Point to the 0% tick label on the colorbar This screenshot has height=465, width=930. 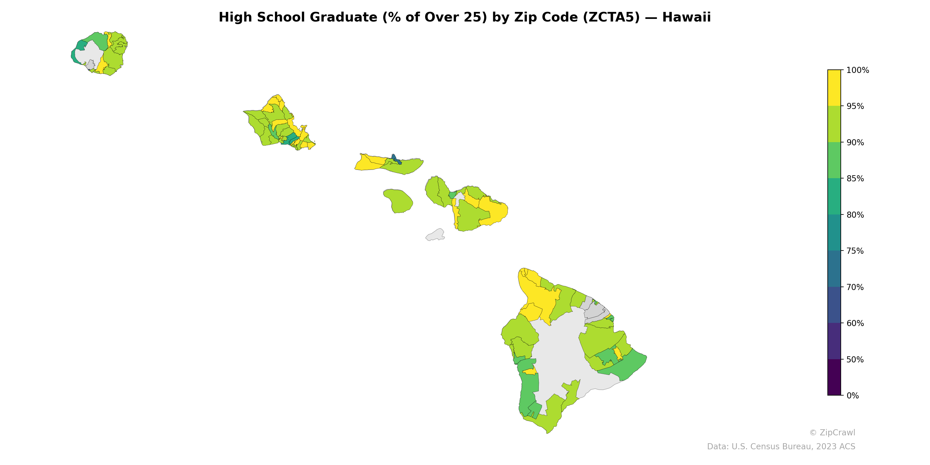coord(852,396)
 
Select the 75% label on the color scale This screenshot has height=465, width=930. coord(855,251)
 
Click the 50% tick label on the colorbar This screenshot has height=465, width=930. coord(855,360)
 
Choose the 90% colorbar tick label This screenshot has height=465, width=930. coord(855,143)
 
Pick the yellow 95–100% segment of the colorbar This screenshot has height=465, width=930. coord(834,88)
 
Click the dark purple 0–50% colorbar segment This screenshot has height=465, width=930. coord(834,377)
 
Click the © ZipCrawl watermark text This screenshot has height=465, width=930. coord(832,432)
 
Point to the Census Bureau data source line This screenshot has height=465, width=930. coord(781,447)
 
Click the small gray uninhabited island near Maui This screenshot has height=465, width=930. coord(435,235)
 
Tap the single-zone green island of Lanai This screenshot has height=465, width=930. coord(398,201)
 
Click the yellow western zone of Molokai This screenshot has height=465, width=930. coord(368,163)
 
